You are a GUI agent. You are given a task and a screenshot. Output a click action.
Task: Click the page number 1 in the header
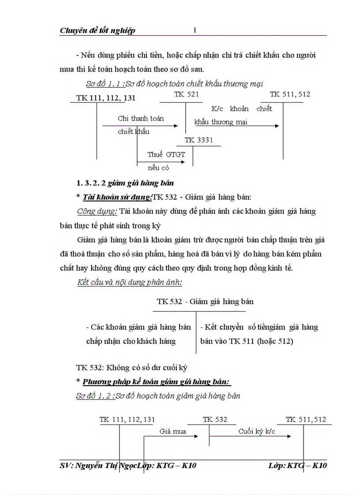(x=195, y=30)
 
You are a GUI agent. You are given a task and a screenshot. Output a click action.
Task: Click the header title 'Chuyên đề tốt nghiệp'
(x=97, y=30)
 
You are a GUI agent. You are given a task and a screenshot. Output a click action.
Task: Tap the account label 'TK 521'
(x=187, y=94)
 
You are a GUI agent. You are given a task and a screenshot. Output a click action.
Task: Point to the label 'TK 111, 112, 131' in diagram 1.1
(x=106, y=98)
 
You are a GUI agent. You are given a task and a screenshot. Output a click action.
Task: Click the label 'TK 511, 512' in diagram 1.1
(x=290, y=94)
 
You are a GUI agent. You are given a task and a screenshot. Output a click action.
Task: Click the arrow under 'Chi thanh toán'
(x=140, y=126)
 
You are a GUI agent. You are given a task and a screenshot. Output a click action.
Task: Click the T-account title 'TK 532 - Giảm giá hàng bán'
(x=205, y=302)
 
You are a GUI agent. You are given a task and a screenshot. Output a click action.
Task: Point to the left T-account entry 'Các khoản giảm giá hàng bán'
(x=139, y=327)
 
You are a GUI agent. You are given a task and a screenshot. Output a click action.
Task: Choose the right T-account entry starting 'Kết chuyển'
(x=259, y=327)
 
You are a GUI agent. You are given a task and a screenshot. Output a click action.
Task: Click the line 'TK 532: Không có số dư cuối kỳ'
(x=128, y=367)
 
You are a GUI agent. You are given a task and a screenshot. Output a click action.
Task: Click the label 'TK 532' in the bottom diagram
(x=215, y=420)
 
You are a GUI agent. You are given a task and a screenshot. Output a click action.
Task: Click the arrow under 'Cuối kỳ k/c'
(x=250, y=437)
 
